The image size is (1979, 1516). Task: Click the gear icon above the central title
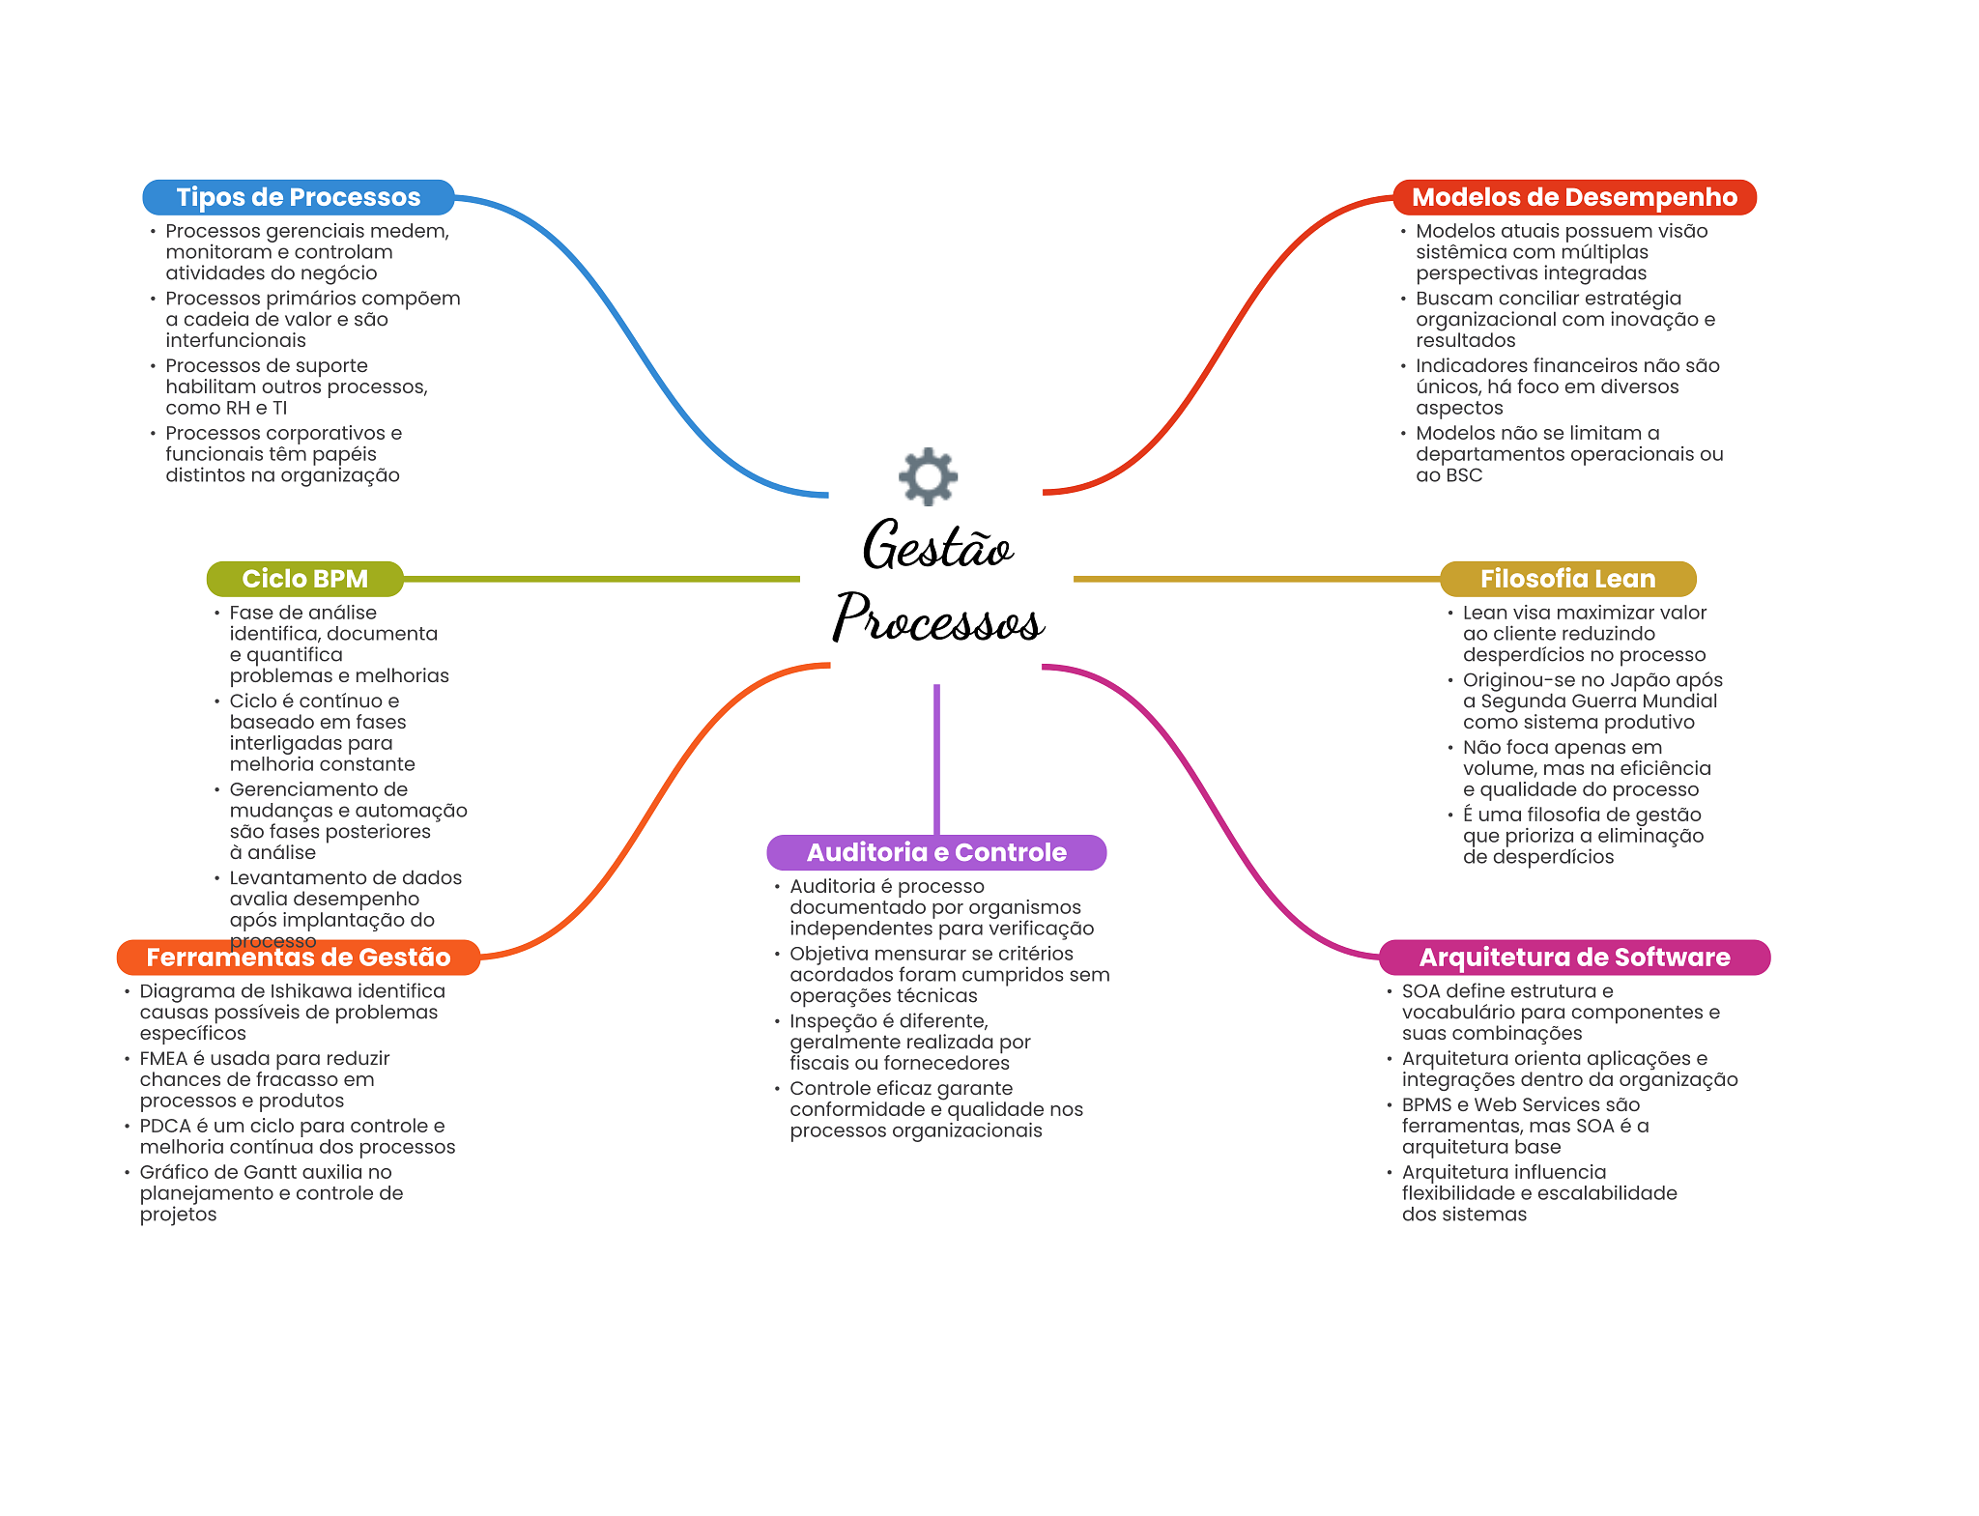[x=928, y=475]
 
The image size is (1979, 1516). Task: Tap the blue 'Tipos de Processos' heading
[x=298, y=197]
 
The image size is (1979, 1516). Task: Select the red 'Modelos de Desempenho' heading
[x=1574, y=197]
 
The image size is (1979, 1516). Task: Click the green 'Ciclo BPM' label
[x=304, y=579]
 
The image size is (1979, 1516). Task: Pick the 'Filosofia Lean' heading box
[x=1567, y=579]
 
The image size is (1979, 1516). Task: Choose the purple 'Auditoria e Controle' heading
[x=936, y=852]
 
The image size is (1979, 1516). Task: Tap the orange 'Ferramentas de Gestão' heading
[x=298, y=958]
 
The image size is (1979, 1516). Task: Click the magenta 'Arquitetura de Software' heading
[x=1574, y=958]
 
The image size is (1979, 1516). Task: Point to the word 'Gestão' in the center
[x=937, y=546]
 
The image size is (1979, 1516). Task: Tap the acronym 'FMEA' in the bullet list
[x=163, y=1059]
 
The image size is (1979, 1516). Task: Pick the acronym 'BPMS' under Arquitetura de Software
[x=1426, y=1105]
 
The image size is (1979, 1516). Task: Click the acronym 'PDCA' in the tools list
[x=164, y=1127]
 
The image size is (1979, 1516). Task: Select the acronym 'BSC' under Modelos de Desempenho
[x=1463, y=475]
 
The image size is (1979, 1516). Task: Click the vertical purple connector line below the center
[x=936, y=758]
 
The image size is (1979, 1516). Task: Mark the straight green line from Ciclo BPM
[x=599, y=579]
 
